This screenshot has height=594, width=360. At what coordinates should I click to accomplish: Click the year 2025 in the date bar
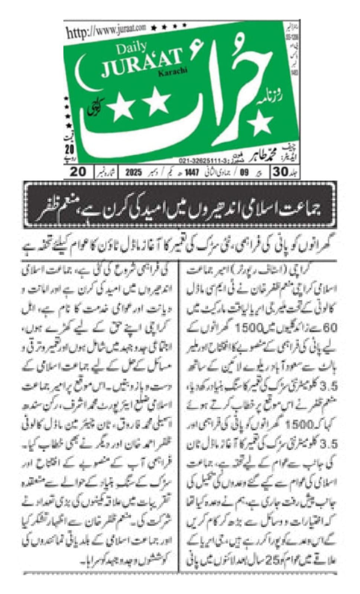[x=134, y=172]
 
